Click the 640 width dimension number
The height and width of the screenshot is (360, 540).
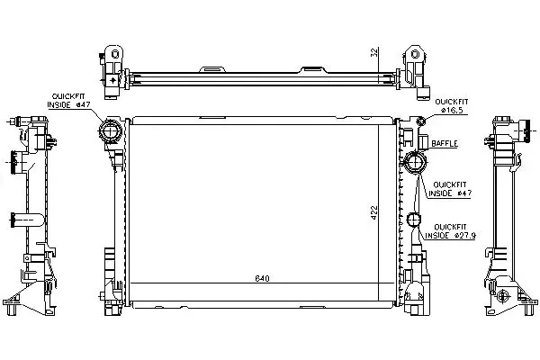tap(262, 278)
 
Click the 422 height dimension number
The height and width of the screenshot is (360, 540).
tap(374, 213)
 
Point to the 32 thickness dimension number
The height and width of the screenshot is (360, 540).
tap(374, 52)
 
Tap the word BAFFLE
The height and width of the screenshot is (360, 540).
tap(445, 143)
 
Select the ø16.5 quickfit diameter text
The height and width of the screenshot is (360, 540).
tap(452, 110)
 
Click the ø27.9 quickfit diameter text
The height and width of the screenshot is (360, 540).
tap(465, 236)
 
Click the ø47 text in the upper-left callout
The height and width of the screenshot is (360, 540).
tap(83, 105)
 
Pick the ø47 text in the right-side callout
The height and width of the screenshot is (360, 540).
tap(464, 193)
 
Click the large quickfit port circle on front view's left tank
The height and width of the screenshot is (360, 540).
tap(110, 131)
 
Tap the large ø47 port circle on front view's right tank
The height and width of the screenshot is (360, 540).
tap(415, 162)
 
